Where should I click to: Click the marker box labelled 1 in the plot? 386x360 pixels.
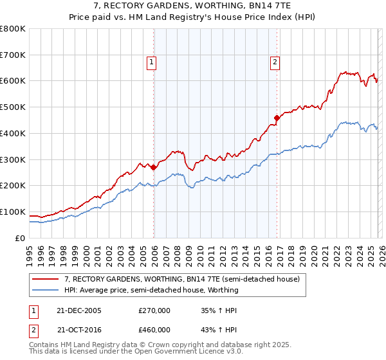pyautogui.click(x=151, y=62)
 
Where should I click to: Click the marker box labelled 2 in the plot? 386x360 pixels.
pyautogui.click(x=275, y=62)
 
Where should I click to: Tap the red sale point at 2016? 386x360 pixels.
pyautogui.click(x=277, y=118)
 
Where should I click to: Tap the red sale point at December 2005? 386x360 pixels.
pyautogui.click(x=154, y=167)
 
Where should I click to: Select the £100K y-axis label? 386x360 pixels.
pyautogui.click(x=13, y=212)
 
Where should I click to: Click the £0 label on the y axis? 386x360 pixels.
pyautogui.click(x=19, y=238)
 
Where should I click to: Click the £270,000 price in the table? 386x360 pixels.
pyautogui.click(x=154, y=310)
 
